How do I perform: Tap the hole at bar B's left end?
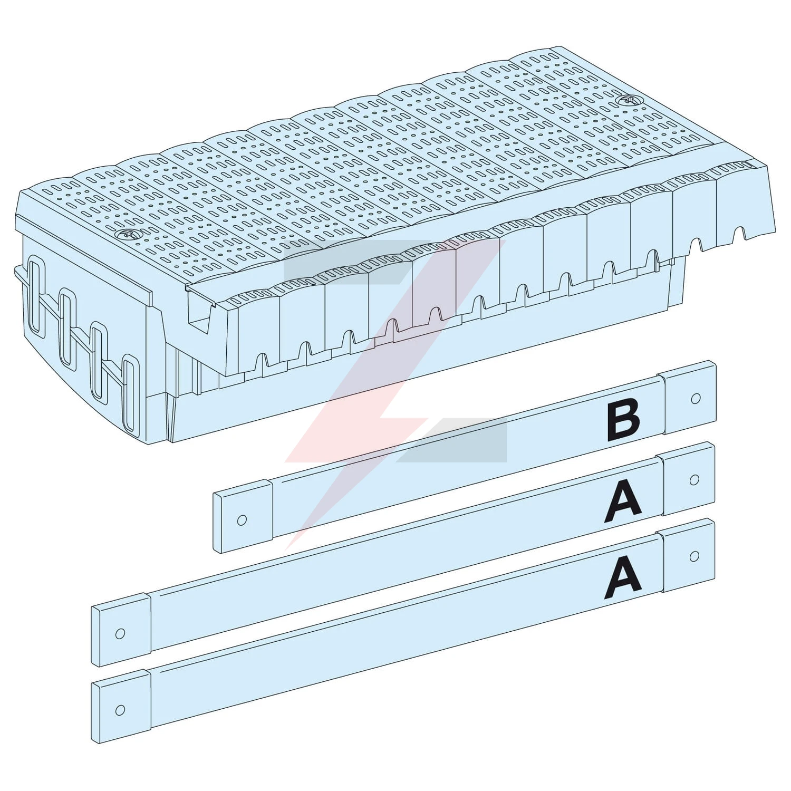pyautogui.click(x=242, y=519)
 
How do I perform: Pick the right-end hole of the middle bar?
pyautogui.click(x=694, y=480)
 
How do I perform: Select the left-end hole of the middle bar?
pyautogui.click(x=120, y=633)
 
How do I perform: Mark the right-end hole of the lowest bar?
pyautogui.click(x=694, y=556)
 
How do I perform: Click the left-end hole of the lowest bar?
pyautogui.click(x=120, y=709)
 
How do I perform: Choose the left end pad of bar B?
pyautogui.click(x=243, y=515)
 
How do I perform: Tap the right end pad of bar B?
pyautogui.click(x=688, y=397)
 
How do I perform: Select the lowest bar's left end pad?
pyautogui.click(x=121, y=706)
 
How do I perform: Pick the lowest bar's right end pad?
pyautogui.click(x=688, y=555)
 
